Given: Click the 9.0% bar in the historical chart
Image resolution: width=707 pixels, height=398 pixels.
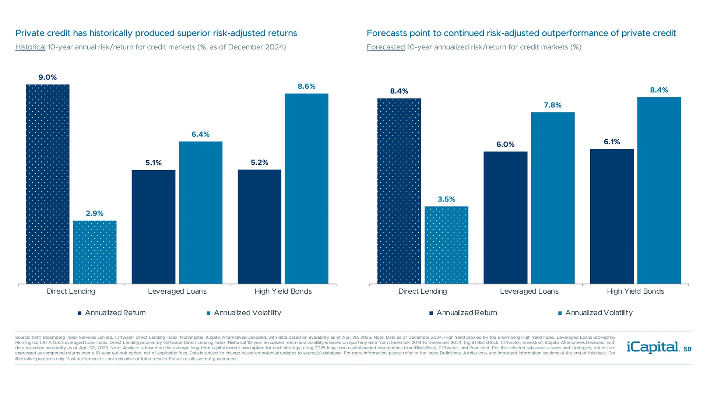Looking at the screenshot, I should point(48,184).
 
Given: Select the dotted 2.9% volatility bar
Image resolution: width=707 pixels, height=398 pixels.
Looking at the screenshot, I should point(95,252).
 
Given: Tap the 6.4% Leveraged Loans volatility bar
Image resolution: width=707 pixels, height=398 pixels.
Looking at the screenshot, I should point(201,213).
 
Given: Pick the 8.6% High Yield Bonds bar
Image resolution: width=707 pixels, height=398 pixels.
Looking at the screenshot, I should point(306,189).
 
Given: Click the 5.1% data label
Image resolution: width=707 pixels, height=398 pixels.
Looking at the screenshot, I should point(153,163).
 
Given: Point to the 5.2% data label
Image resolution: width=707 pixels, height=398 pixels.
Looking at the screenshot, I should point(259,163).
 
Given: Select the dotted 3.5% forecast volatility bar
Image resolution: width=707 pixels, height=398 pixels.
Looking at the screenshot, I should point(446,245).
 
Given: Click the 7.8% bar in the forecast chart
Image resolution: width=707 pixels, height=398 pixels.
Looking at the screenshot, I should point(552,198).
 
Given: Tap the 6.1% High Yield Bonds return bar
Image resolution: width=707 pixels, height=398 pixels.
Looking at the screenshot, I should point(612,216).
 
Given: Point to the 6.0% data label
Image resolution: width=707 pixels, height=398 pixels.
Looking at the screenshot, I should point(505,144).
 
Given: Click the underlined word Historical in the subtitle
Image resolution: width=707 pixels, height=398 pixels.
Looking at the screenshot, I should point(30,47).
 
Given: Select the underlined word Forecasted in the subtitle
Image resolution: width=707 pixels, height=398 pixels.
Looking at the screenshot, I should point(386,47).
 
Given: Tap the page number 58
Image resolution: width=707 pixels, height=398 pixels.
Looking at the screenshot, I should point(687,349).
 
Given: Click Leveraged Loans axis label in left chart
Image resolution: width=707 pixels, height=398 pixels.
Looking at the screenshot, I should point(177,291).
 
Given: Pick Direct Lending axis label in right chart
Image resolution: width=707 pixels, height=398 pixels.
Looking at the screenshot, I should point(422,291).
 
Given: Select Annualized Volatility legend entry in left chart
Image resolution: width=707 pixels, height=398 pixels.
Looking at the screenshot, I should point(247,313).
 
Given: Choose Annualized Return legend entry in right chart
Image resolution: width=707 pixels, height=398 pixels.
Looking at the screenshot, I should point(467,313).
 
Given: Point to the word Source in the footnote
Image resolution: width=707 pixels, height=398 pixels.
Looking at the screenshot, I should point(22,337).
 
